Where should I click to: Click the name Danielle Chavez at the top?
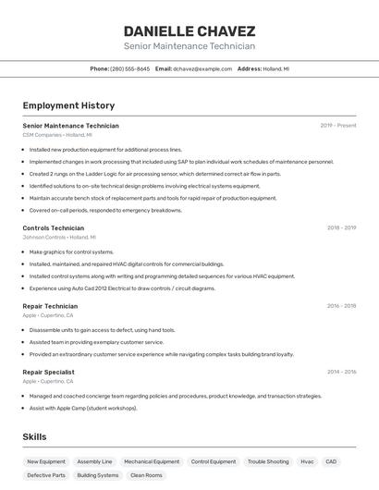pos(189,31)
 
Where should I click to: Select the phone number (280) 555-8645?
pos(129,68)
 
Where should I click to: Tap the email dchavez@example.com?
pos(202,68)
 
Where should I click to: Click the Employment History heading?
pos(68,105)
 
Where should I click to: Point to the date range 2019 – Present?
pos(338,125)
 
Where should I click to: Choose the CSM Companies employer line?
pos(57,135)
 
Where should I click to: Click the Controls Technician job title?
pos(53,227)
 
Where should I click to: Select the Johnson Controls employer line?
pos(60,237)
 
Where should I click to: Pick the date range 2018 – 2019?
pos(341,227)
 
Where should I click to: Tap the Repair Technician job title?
pos(50,305)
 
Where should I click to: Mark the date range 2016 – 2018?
pos(341,305)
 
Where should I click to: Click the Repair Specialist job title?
pos(50,372)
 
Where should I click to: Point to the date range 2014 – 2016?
pos(341,372)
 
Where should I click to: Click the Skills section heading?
pos(34,436)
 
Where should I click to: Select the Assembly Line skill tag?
pos(94,461)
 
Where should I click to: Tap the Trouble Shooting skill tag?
pos(268,461)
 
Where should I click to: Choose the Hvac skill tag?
pos(307,461)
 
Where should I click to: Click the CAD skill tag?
pos(331,461)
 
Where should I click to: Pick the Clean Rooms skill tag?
pos(146,475)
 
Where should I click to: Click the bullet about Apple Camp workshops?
pos(83,408)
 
